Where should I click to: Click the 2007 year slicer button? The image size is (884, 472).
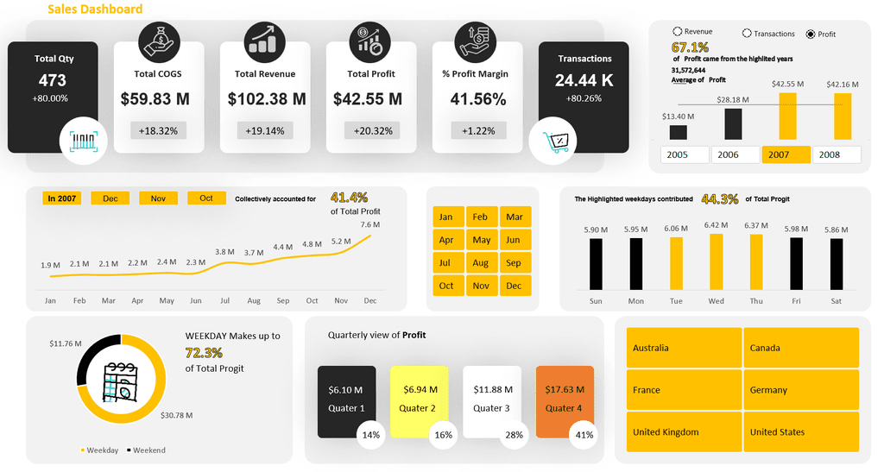tap(786, 154)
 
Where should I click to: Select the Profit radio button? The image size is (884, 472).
tap(810, 35)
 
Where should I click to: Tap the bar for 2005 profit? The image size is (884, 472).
tap(679, 132)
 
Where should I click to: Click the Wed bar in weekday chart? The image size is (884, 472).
tap(716, 261)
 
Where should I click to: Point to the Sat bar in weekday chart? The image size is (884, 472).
tap(837, 263)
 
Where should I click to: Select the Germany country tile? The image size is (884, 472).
tap(801, 390)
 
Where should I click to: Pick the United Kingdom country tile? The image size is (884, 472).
tap(684, 431)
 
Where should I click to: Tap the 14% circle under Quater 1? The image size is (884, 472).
tap(371, 435)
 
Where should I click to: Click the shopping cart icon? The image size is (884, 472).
tap(552, 141)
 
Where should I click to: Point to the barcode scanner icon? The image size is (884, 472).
tap(82, 141)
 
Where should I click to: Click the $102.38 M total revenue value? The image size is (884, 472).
tap(267, 99)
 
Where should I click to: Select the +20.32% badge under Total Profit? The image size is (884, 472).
tap(371, 131)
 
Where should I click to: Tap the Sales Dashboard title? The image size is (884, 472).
tap(95, 9)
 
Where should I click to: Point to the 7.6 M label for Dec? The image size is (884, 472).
tap(369, 225)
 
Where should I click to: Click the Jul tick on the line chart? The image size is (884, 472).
tap(224, 301)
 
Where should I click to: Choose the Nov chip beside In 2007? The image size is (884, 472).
tap(158, 198)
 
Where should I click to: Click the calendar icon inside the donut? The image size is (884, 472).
tap(120, 381)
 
